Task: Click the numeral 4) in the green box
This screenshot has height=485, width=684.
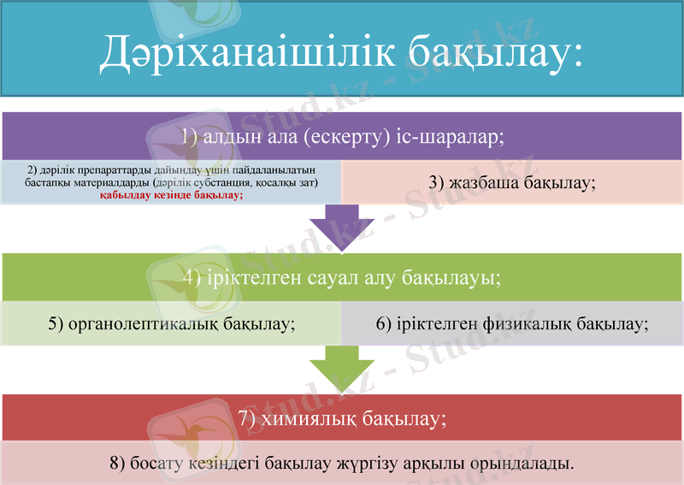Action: point(192,277)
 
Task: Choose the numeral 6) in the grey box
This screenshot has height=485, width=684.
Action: point(385,324)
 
